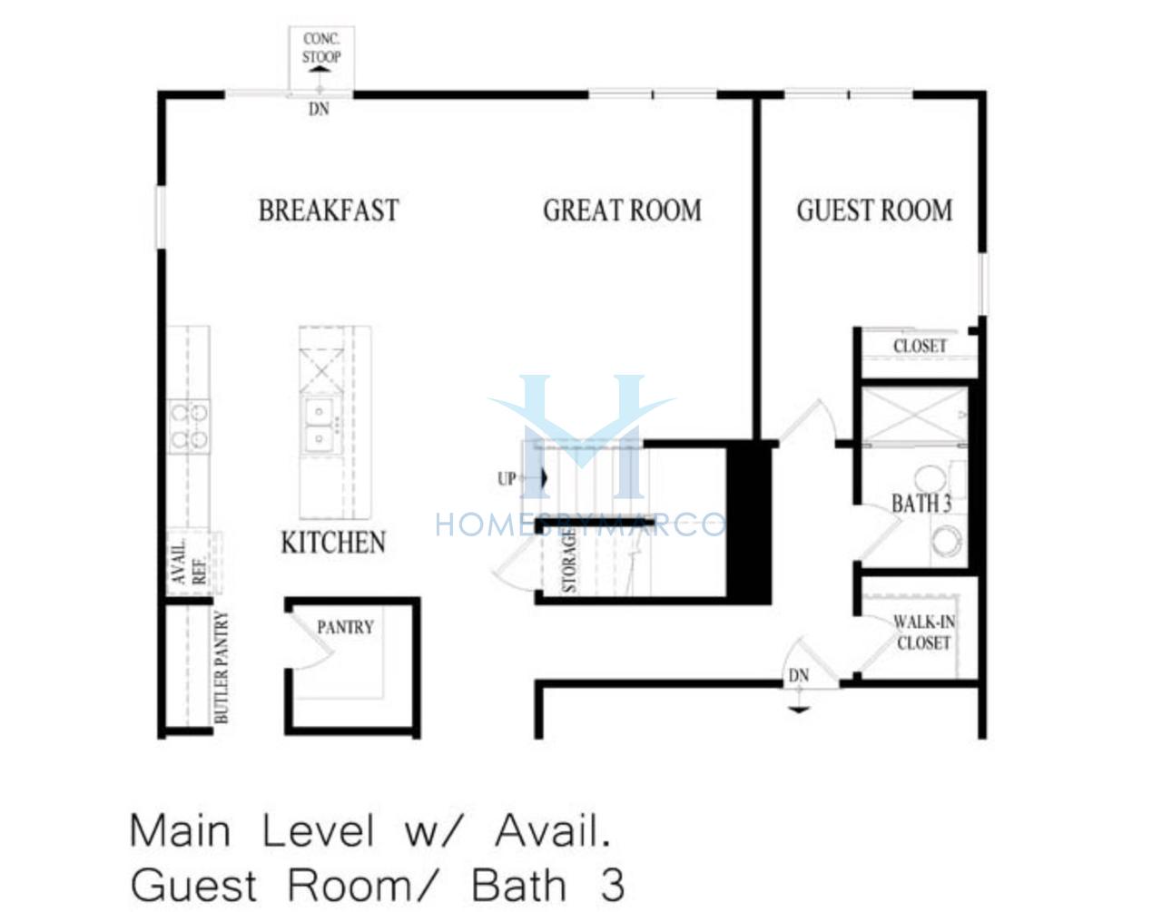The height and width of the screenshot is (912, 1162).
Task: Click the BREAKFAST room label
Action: (329, 210)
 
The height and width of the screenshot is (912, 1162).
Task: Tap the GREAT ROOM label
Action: (623, 210)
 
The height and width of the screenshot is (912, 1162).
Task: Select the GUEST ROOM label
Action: (875, 210)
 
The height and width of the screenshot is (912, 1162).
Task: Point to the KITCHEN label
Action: (333, 543)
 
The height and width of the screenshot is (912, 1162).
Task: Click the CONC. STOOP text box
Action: (321, 47)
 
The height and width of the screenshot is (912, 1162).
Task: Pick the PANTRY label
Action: (346, 627)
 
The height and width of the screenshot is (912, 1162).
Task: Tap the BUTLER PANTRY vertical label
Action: (222, 667)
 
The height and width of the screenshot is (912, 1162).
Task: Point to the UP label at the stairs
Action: (507, 479)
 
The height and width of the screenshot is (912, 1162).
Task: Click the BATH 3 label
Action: (921, 504)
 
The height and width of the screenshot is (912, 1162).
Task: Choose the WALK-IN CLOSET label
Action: (924, 633)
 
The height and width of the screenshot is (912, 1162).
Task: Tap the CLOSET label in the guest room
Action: (920, 347)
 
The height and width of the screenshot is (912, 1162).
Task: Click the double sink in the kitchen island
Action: (319, 426)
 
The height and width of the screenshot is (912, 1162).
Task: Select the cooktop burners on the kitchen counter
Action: (189, 427)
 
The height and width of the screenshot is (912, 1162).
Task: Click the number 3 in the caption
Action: (612, 886)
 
